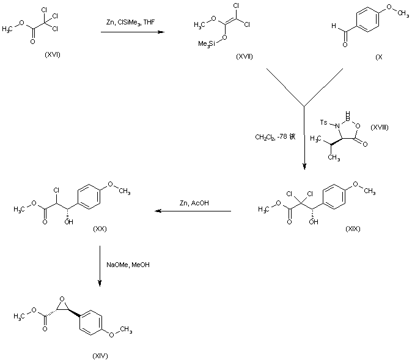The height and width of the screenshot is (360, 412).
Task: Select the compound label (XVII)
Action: click(245, 56)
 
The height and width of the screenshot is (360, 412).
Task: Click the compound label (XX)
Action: click(100, 228)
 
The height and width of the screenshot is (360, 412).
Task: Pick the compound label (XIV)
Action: click(100, 355)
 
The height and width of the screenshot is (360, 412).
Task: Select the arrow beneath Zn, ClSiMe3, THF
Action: click(132, 32)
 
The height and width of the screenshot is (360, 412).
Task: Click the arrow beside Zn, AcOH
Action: click(192, 212)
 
